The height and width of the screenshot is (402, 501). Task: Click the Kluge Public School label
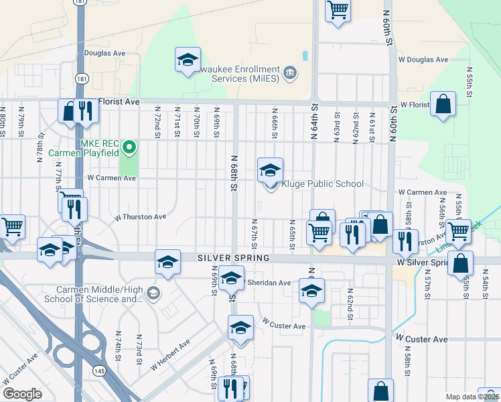click(322, 184)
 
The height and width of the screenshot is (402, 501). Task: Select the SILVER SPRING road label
click(233, 258)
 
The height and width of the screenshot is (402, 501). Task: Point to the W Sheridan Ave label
click(269, 283)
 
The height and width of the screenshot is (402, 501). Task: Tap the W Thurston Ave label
click(140, 217)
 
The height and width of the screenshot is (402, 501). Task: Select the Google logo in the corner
click(22, 394)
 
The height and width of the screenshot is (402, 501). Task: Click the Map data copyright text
click(472, 397)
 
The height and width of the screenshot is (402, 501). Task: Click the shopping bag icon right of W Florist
click(443, 105)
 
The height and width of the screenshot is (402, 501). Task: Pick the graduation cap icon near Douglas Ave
click(188, 60)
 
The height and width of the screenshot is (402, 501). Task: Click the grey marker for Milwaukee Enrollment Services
click(290, 72)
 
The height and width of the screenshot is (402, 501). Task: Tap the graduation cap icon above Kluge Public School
click(270, 171)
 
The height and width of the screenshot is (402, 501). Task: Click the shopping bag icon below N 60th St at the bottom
click(380, 391)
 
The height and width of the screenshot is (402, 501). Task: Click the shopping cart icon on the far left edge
click(11, 226)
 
